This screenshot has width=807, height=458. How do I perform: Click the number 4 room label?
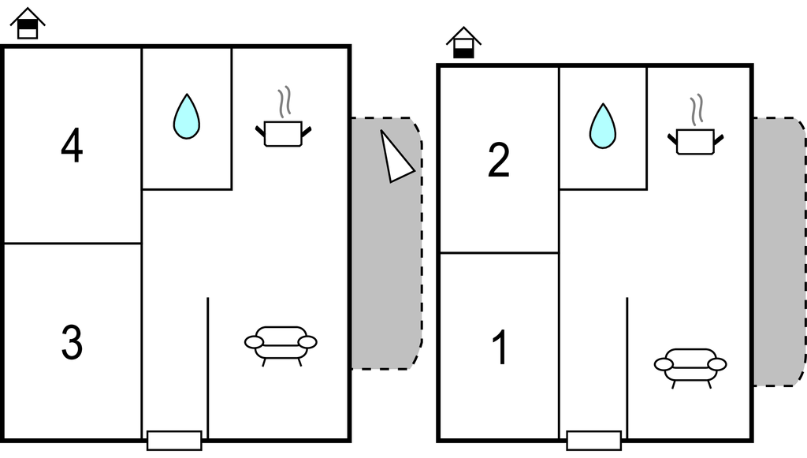tap(72, 146)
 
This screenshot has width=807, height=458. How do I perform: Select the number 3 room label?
tap(72, 342)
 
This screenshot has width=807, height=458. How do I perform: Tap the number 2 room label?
tap(498, 161)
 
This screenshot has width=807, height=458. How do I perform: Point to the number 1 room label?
tap(500, 348)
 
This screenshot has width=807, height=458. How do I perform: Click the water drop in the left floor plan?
tap(186, 117)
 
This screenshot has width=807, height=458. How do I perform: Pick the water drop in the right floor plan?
tap(603, 126)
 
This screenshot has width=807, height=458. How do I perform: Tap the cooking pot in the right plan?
tap(695, 142)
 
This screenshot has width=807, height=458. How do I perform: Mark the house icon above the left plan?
tap(28, 23)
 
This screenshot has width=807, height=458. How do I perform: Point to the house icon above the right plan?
tap(463, 43)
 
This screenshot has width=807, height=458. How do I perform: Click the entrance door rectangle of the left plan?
tap(174, 441)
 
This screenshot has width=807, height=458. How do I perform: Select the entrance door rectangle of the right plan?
tap(594, 441)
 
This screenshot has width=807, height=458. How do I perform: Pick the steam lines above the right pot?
tap(697, 110)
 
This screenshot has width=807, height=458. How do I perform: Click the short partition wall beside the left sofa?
tap(207, 367)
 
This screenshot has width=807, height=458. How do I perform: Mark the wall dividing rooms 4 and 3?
tap(73, 243)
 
